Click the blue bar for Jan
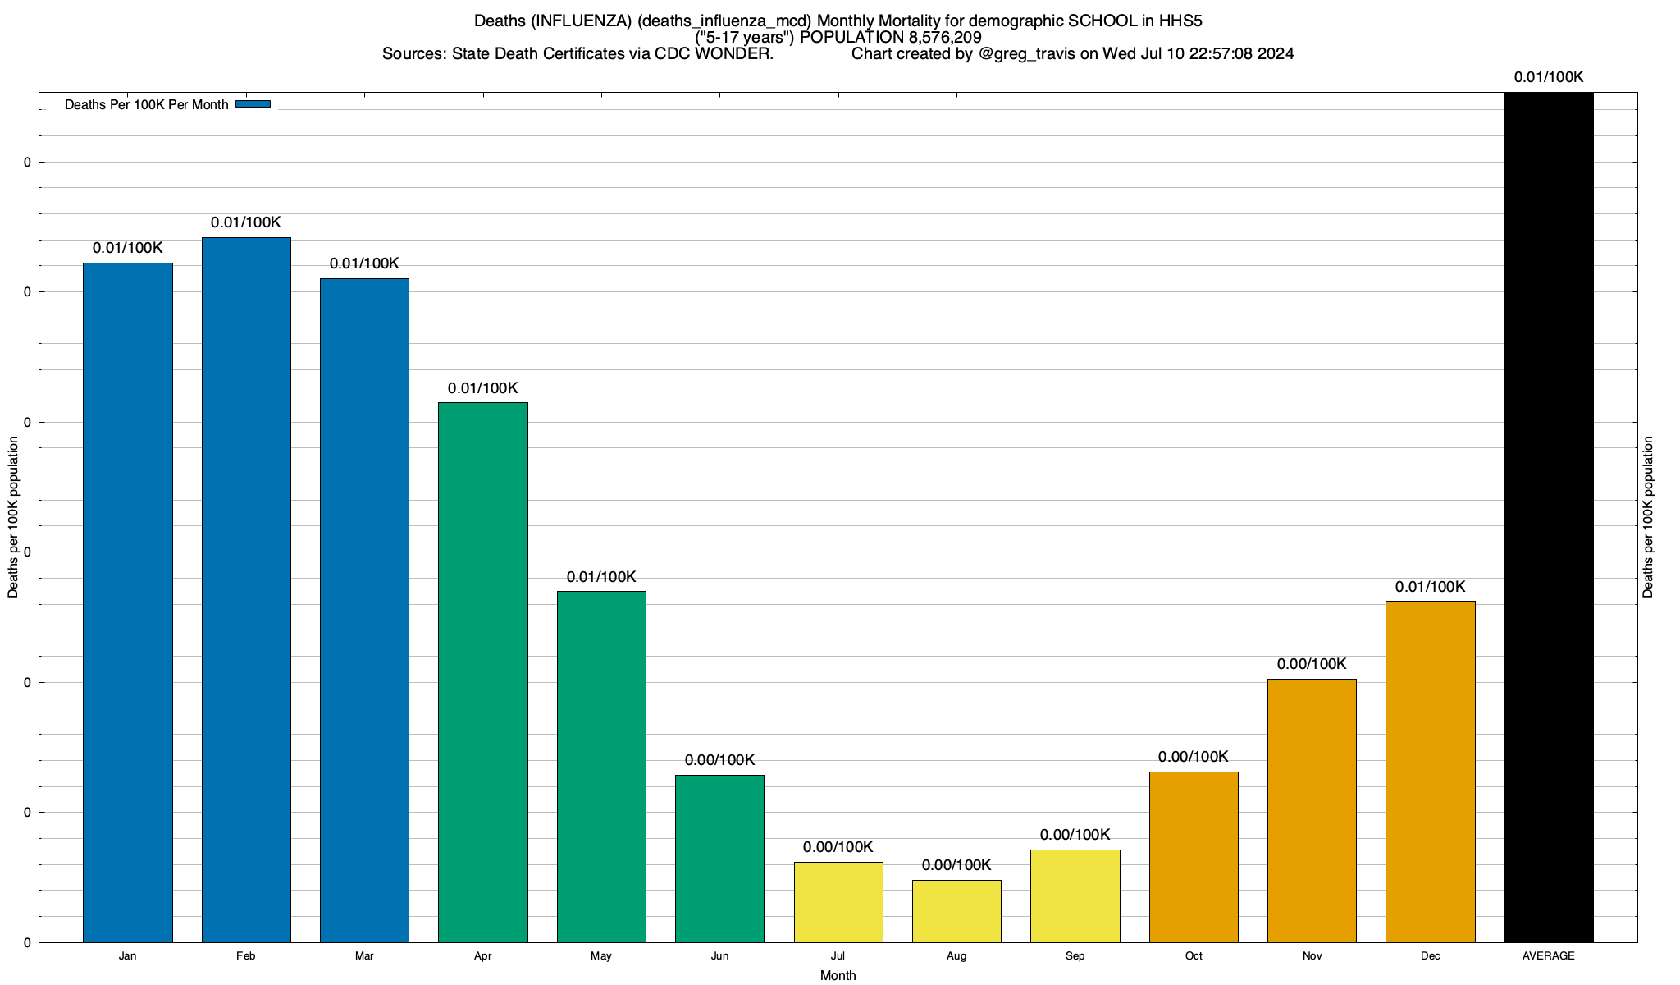coord(128,602)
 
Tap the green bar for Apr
coord(483,672)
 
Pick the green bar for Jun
coord(719,859)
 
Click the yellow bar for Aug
coord(956,911)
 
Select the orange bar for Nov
coord(1312,810)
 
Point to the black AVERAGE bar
coord(1549,517)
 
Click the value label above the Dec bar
coord(1430,587)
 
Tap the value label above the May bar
coord(601,577)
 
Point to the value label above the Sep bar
coord(1075,835)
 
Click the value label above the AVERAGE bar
coord(1549,77)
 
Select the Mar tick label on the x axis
coord(364,955)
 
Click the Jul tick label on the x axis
coord(838,955)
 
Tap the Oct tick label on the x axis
coord(1194,955)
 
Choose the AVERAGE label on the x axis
coord(1549,955)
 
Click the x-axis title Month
coord(838,975)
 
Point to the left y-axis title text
coord(13,517)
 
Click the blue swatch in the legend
coord(253,104)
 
